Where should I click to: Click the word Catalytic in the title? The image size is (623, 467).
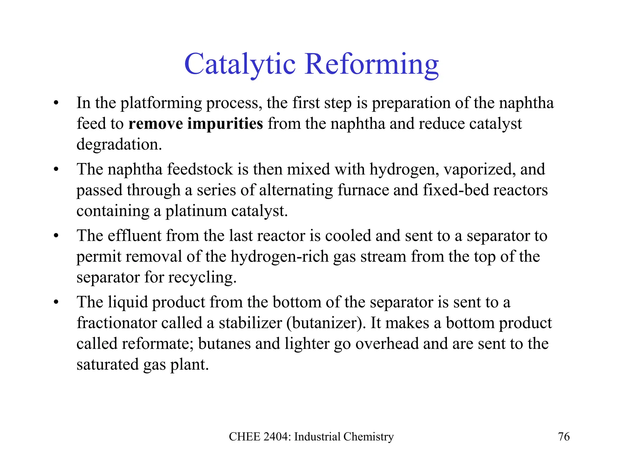[x=240, y=64]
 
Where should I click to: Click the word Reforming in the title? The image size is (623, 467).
[x=371, y=64]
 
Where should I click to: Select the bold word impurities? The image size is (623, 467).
[x=225, y=123]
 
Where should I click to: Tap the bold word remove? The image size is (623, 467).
[x=155, y=123]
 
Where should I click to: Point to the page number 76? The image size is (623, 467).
[x=564, y=437]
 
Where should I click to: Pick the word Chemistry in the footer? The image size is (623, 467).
[x=368, y=437]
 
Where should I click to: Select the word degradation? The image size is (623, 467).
[x=119, y=144]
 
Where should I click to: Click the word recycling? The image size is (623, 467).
[x=202, y=278]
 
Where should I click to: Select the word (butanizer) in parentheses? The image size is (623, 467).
[x=326, y=323]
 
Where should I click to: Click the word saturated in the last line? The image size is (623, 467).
[x=107, y=364]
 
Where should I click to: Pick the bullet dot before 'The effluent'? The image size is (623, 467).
[x=56, y=236]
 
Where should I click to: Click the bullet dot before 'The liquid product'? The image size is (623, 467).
[x=56, y=302]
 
